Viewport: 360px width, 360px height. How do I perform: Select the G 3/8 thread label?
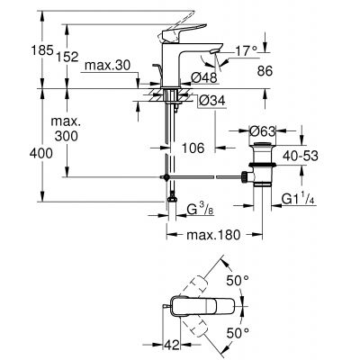click(198, 212)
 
